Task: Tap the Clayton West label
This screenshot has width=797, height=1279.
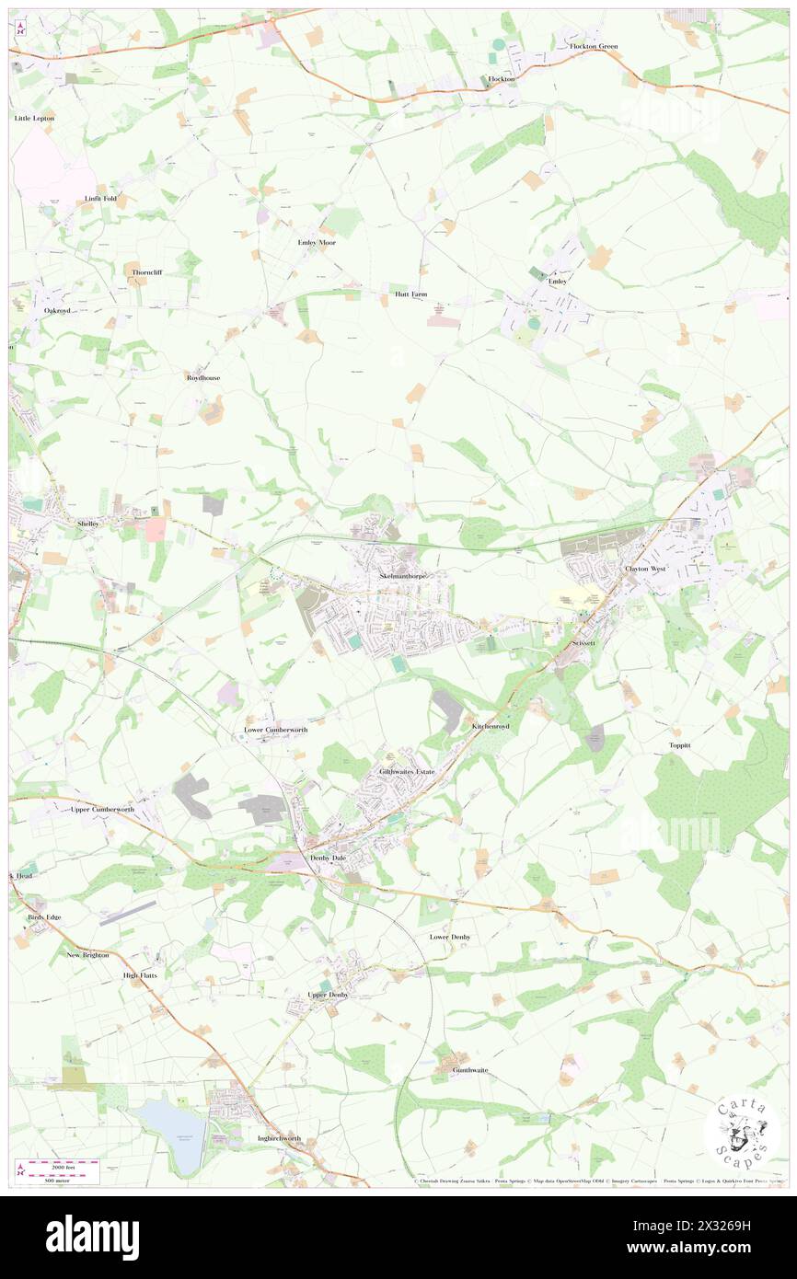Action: (x=645, y=569)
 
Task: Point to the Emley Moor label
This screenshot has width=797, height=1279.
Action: (x=316, y=242)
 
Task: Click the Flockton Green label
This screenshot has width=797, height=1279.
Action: (x=594, y=46)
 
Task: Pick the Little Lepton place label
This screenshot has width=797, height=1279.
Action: (x=35, y=119)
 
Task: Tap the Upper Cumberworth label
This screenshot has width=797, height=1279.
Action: (x=102, y=809)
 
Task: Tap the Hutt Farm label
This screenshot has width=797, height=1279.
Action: (x=411, y=294)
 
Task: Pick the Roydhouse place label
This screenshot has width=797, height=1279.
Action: (x=203, y=377)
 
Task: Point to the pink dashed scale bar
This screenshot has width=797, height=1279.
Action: (x=61, y=1164)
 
